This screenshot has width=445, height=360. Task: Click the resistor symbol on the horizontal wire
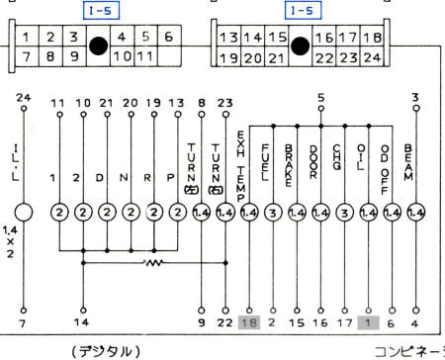pos(152,264)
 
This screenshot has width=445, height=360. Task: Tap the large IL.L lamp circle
pos(24,213)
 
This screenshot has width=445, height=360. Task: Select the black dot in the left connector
pos(97,45)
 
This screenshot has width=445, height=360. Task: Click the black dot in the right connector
pos(296,45)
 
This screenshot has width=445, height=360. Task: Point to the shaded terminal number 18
pos(249,321)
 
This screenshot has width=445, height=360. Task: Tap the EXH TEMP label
pos(247,159)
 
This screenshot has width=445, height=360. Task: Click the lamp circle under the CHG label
pos(344,213)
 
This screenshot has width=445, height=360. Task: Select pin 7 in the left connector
pos(23,57)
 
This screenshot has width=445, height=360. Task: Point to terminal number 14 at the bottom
pos(81,322)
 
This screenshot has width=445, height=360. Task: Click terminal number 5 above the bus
pos(320,98)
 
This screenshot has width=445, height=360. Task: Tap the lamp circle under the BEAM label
pos(416,213)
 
